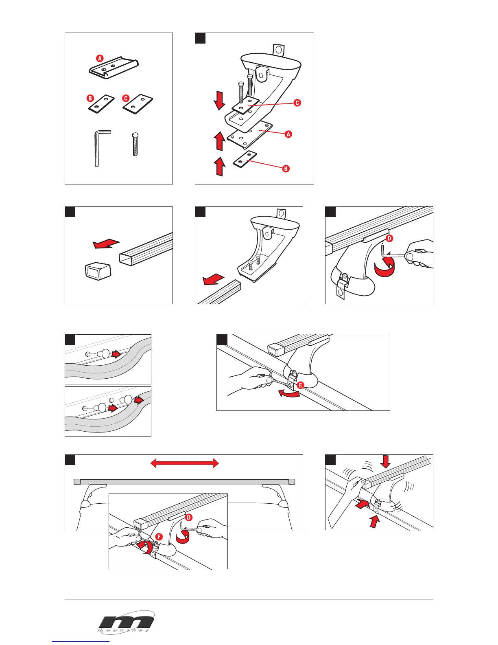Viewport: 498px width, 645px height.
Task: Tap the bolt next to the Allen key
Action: tap(135, 145)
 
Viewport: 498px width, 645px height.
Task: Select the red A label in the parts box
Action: tap(100, 58)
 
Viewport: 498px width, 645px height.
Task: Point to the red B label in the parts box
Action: tap(90, 98)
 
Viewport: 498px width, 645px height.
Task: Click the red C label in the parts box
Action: tap(126, 98)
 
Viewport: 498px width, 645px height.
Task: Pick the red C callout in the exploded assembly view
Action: tap(297, 103)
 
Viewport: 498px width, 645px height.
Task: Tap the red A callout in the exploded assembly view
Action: tap(288, 134)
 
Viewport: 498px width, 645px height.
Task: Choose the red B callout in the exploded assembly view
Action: tap(286, 169)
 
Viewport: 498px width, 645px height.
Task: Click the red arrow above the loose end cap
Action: tap(106, 244)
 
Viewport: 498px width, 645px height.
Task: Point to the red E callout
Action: tap(300, 385)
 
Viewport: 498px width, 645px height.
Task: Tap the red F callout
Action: tap(159, 537)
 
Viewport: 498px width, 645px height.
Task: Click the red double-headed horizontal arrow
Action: tap(185, 463)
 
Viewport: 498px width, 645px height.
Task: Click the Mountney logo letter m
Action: tap(126, 621)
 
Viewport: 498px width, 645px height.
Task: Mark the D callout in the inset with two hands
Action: tap(189, 518)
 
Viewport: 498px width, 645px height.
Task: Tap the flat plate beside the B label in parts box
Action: tap(101, 104)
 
